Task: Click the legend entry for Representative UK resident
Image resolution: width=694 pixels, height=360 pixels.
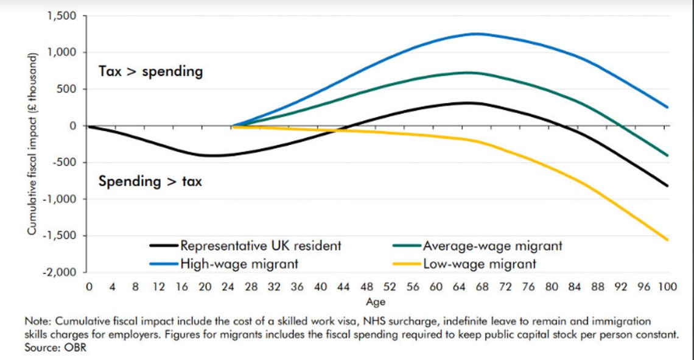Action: point(246,245)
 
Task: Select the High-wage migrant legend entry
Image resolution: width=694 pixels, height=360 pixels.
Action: point(224,264)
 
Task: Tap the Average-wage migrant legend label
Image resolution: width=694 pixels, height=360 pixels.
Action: point(477,245)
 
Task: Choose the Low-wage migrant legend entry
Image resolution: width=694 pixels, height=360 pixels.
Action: point(464,264)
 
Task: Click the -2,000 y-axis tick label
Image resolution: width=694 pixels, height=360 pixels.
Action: point(59,272)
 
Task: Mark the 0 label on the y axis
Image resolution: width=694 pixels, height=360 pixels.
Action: point(72,126)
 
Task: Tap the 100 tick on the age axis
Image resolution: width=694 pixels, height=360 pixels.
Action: point(667,287)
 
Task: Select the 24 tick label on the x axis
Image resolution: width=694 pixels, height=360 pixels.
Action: point(228,287)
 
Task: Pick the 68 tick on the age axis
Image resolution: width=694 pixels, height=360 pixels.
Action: point(482,287)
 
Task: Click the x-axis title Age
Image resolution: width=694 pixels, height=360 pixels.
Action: point(376,302)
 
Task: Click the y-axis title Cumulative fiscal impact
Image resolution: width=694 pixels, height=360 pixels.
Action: point(32,144)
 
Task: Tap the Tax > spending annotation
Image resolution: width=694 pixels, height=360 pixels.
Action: point(151,72)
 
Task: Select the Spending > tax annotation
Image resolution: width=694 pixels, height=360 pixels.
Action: point(150,182)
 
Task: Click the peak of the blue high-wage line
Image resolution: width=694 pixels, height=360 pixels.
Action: point(476,34)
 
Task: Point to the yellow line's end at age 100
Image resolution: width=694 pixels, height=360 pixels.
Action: point(667,240)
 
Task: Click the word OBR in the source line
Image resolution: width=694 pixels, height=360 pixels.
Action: point(75,348)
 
